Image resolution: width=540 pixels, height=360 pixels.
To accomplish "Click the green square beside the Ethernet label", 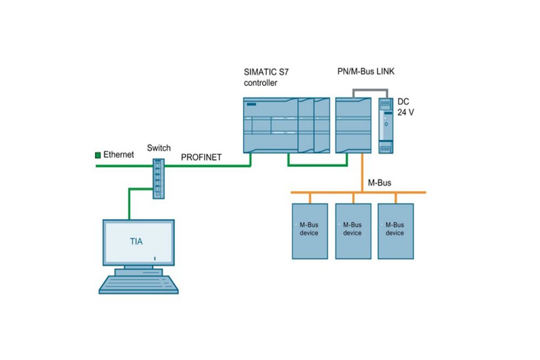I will (98, 155).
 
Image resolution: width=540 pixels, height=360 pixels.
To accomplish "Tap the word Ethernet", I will (118, 155).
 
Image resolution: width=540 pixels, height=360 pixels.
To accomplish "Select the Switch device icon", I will (158, 179).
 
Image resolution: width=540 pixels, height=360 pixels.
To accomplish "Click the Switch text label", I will (159, 148).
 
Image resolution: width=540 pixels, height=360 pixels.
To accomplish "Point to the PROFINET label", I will (201, 157).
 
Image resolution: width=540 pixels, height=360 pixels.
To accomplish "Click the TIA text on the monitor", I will (137, 241).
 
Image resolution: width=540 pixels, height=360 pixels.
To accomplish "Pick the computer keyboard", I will (138, 284).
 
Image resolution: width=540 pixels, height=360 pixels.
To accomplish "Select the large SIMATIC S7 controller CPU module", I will (270, 124).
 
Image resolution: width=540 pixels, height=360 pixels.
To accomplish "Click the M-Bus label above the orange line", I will (379, 184).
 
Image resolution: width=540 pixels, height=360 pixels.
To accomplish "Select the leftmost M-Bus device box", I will (309, 231).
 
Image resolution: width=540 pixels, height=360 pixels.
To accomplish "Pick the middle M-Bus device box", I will (352, 231).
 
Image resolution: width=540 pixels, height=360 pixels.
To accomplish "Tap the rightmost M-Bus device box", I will (395, 231).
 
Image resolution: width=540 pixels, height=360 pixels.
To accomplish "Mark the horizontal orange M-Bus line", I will (324, 192).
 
